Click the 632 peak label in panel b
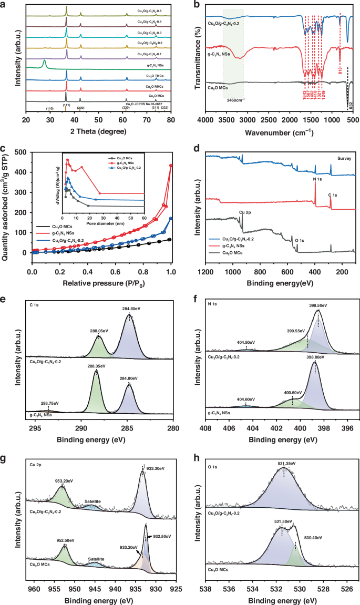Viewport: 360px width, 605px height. pyautogui.click(x=350, y=106)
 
